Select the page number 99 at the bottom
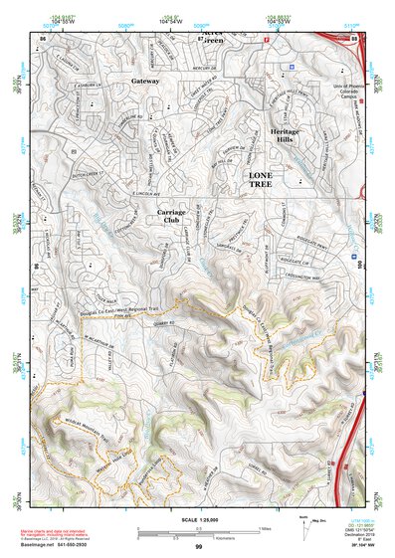[x=198, y=546]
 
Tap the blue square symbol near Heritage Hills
[x=292, y=67]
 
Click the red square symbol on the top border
[x=266, y=38]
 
